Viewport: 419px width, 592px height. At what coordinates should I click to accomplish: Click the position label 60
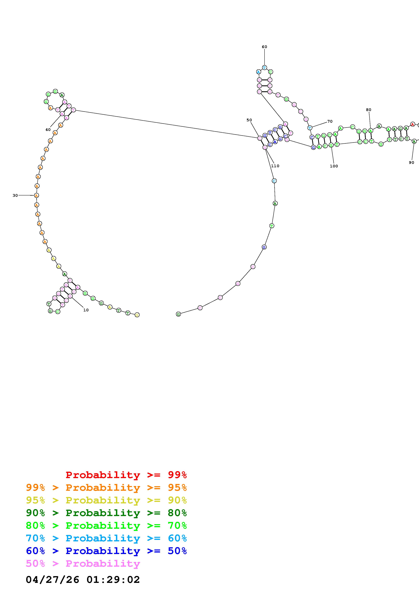tap(264, 47)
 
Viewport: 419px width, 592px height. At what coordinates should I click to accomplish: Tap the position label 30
tap(15, 195)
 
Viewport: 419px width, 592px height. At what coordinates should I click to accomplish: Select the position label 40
tap(48, 130)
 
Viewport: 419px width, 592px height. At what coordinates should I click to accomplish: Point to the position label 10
tap(86, 310)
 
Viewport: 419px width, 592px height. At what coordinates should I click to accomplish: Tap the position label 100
tap(334, 166)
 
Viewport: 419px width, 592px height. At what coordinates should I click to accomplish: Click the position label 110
tap(275, 166)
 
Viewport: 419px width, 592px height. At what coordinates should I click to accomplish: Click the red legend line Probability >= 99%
tap(126, 475)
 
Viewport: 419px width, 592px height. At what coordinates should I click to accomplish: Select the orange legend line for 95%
tap(106, 488)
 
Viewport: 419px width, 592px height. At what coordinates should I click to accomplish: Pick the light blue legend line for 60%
tap(106, 538)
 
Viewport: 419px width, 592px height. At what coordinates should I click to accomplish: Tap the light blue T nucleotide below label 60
tap(264, 68)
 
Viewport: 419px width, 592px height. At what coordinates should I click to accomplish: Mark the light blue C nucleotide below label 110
tap(274, 181)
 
